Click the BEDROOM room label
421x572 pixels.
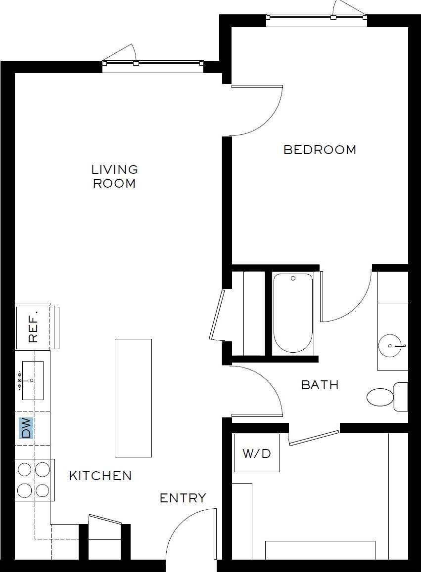coord(320,150)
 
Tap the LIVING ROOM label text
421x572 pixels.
coord(115,176)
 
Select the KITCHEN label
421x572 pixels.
coord(100,476)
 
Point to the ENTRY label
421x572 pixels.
coord(183,498)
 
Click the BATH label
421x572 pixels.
coord(320,385)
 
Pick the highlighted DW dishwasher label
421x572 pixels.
coord(26,428)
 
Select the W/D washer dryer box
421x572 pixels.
coord(257,453)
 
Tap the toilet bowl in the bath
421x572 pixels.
coord(380,397)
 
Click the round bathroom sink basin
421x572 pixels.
coord(392,345)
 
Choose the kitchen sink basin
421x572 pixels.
coord(32,380)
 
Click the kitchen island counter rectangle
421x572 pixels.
coord(133,398)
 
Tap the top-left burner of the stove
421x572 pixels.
coord(25,469)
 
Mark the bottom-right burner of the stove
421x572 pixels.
coord(43,490)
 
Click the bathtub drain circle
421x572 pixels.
coord(293,279)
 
